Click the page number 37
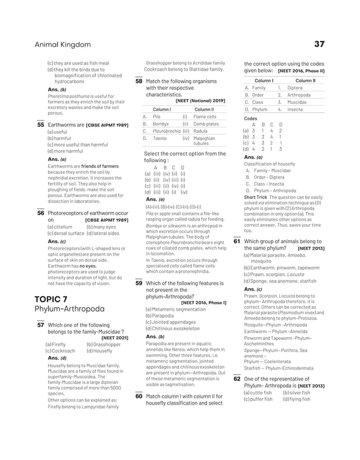point(319,44)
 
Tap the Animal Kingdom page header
point(63,45)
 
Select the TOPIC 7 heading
point(51,299)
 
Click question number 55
point(40,125)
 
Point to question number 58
point(139,81)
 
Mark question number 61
point(237,241)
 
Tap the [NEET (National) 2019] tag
point(200,100)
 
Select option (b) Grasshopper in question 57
point(103,344)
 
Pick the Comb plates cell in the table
point(206,124)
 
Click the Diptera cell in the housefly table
point(295,88)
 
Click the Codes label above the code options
point(250,119)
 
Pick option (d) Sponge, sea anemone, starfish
point(280,281)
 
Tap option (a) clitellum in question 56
point(62,226)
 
